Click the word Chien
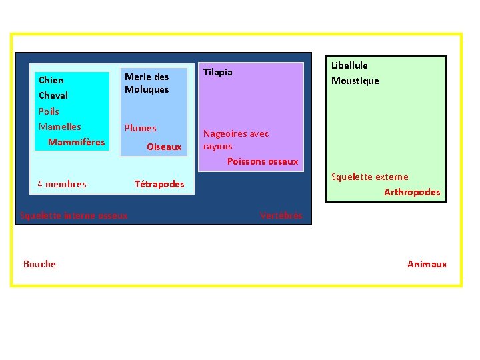[x=51, y=80]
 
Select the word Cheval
[x=53, y=95]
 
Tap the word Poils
[x=49, y=111]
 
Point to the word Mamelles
[x=60, y=127]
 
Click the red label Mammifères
[x=77, y=142]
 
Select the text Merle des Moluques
[x=147, y=83]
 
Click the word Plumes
[x=141, y=128]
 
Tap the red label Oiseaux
[x=164, y=147]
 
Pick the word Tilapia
[x=218, y=72]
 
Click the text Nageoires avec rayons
[x=236, y=140]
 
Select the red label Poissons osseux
[x=263, y=161]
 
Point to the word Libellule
[x=350, y=65]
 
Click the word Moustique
[x=355, y=81]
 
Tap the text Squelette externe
[x=370, y=177]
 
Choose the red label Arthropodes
[x=412, y=192]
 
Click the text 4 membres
[x=62, y=184]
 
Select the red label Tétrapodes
[x=159, y=184]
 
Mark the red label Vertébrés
[x=281, y=215]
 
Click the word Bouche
[x=39, y=264]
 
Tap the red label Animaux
[x=427, y=264]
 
